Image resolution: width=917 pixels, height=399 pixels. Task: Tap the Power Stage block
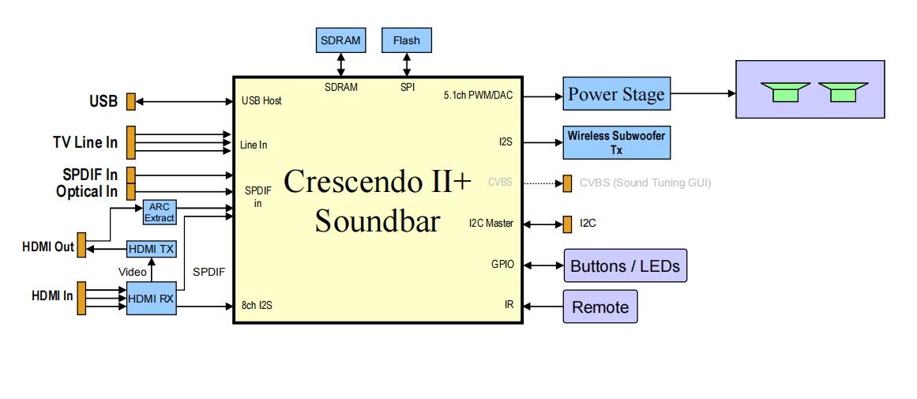616,94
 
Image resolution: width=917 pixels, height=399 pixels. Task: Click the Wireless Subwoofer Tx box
616,142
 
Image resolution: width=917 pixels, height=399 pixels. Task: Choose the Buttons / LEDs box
624,265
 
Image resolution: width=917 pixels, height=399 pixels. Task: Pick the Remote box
599,307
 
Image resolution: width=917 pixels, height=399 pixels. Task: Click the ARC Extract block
159,212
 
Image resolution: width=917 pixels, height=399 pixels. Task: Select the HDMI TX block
151,249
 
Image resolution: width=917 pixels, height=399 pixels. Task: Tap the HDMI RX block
151,299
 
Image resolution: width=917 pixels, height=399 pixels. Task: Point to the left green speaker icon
787,92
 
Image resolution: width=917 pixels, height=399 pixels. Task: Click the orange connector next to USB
131,101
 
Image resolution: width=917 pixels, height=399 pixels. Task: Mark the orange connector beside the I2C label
567,224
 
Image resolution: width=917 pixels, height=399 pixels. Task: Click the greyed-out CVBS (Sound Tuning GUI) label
645,183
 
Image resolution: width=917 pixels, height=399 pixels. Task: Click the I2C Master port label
490,224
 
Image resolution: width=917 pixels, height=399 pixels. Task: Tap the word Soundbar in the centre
377,220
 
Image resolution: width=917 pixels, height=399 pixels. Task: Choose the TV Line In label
85,142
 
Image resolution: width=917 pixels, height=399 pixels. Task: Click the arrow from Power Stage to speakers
703,93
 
